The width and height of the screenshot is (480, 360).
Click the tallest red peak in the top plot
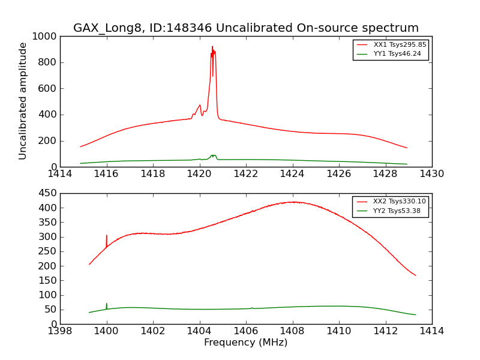(212, 47)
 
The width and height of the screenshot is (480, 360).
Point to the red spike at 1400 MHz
(107, 236)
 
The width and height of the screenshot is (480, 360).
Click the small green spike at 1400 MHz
(107, 304)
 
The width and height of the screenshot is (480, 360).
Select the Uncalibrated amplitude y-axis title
(23, 101)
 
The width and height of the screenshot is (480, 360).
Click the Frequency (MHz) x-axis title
(246, 343)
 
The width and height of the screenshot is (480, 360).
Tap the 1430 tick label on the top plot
(432, 174)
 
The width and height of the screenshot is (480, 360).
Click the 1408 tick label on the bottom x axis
(292, 331)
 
